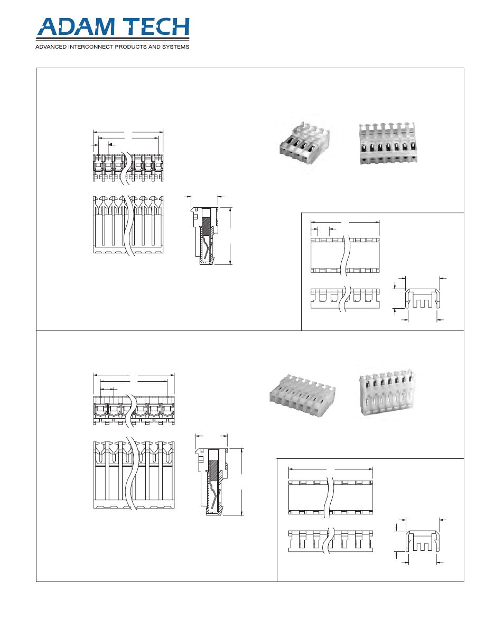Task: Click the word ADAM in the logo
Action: [x=74, y=29]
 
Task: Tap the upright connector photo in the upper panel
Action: [x=386, y=143]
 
